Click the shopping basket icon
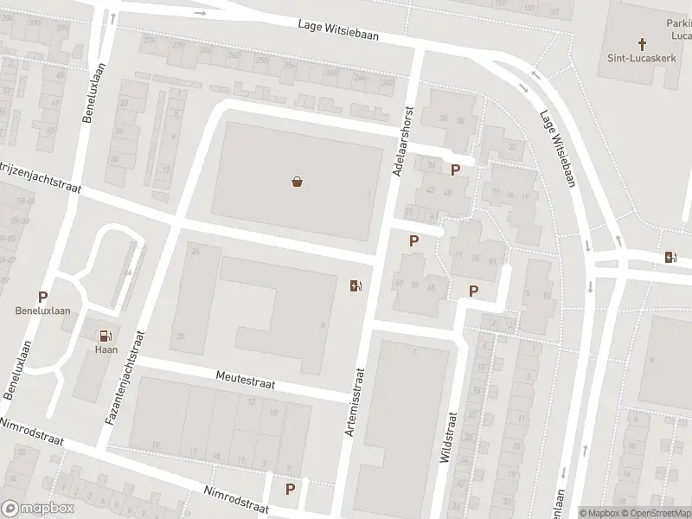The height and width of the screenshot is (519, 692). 297,182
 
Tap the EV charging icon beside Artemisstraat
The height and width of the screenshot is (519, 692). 356,286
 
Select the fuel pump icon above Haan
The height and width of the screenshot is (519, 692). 105,336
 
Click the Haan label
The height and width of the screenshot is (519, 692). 105,350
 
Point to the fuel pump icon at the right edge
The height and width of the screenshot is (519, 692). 670,256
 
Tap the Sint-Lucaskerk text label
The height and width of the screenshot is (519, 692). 642,58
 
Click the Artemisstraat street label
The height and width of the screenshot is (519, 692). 356,400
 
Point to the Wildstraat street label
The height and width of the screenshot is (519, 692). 448,437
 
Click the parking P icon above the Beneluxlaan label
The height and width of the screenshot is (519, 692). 42,297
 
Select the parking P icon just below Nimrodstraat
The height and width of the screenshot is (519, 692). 290,489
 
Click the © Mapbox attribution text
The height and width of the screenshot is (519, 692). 599,512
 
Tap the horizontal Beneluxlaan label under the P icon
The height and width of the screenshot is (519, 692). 42,311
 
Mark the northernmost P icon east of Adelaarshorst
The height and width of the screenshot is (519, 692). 455,170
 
